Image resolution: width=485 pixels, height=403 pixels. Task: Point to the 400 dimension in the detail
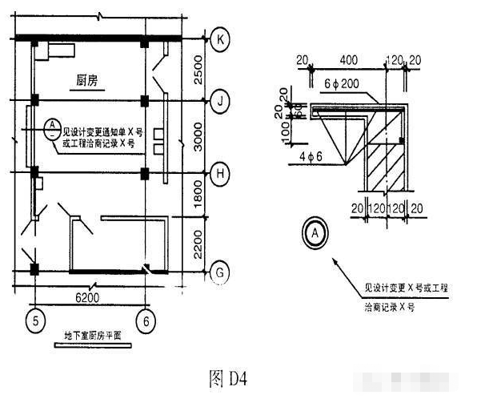pos(347,61)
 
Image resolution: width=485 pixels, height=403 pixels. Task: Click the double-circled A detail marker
pos(315,233)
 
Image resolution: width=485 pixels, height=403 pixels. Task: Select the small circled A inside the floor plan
pos(51,127)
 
